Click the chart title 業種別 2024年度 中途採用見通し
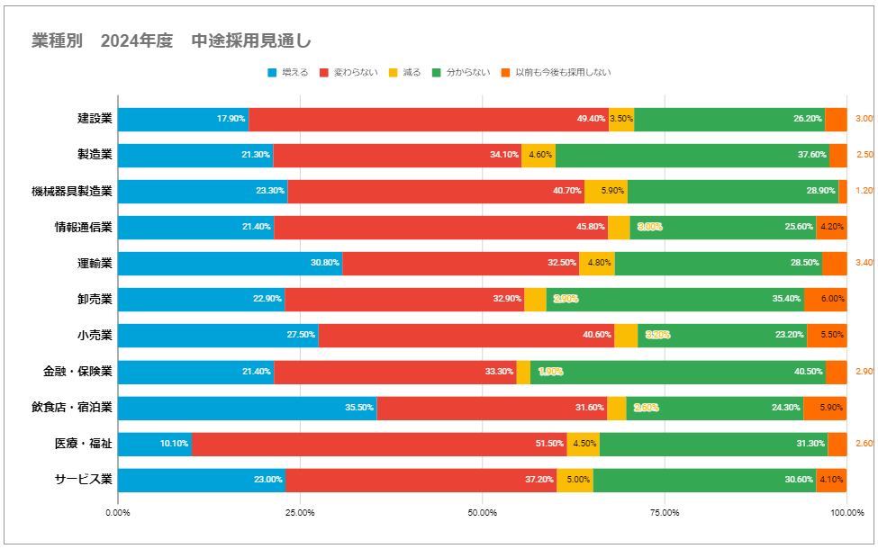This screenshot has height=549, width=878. pyautogui.click(x=171, y=41)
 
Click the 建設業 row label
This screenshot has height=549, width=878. pyautogui.click(x=95, y=119)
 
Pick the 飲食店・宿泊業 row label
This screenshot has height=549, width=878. pyautogui.click(x=71, y=408)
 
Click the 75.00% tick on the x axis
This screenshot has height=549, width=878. pyautogui.click(x=665, y=512)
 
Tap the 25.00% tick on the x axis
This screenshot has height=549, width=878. pyautogui.click(x=300, y=512)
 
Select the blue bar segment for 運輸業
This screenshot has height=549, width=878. pyautogui.click(x=230, y=263)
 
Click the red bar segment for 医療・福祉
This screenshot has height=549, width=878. pyautogui.click(x=378, y=444)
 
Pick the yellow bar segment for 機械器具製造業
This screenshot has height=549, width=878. pyautogui.click(x=606, y=191)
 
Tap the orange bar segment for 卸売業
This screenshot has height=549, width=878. pyautogui.click(x=825, y=300)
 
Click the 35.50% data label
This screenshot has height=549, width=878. pyautogui.click(x=359, y=408)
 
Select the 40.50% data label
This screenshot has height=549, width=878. pyautogui.click(x=808, y=372)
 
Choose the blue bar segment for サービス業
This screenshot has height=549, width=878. pyautogui.click(x=202, y=480)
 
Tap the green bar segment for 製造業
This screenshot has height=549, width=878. pyautogui.click(x=692, y=155)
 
